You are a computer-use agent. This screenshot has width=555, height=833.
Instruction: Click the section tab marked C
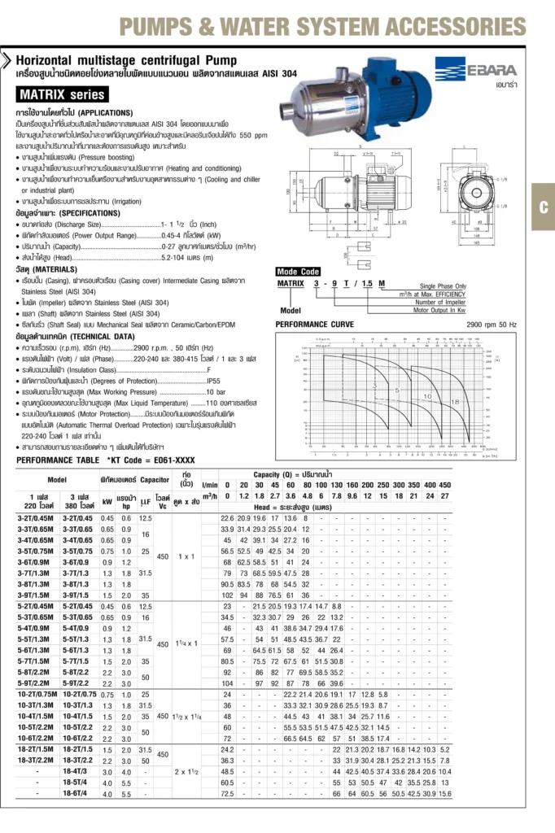[543, 207]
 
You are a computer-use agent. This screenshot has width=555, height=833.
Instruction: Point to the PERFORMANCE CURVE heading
[314, 324]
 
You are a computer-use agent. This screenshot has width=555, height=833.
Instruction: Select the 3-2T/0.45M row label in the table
[32, 518]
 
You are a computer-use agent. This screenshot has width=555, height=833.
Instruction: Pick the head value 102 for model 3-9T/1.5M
[227, 594]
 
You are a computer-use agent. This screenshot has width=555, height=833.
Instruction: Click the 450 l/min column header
[444, 485]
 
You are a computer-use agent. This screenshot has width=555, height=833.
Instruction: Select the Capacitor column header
[155, 480]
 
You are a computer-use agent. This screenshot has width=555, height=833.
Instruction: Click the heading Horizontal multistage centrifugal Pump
[126, 61]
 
